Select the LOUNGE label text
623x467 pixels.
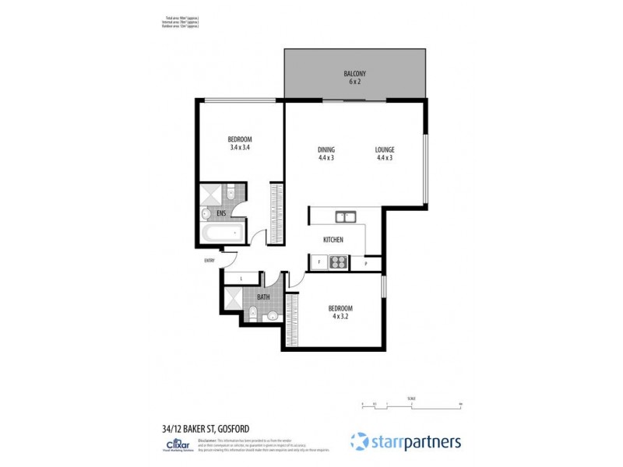384,149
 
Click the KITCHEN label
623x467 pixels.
333,240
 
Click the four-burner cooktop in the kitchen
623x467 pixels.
338,262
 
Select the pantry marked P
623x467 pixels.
366,265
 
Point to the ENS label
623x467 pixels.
222,211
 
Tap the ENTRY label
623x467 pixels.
209,261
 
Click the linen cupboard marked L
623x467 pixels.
241,278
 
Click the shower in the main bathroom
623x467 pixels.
233,297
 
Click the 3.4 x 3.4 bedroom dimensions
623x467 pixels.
240,147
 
